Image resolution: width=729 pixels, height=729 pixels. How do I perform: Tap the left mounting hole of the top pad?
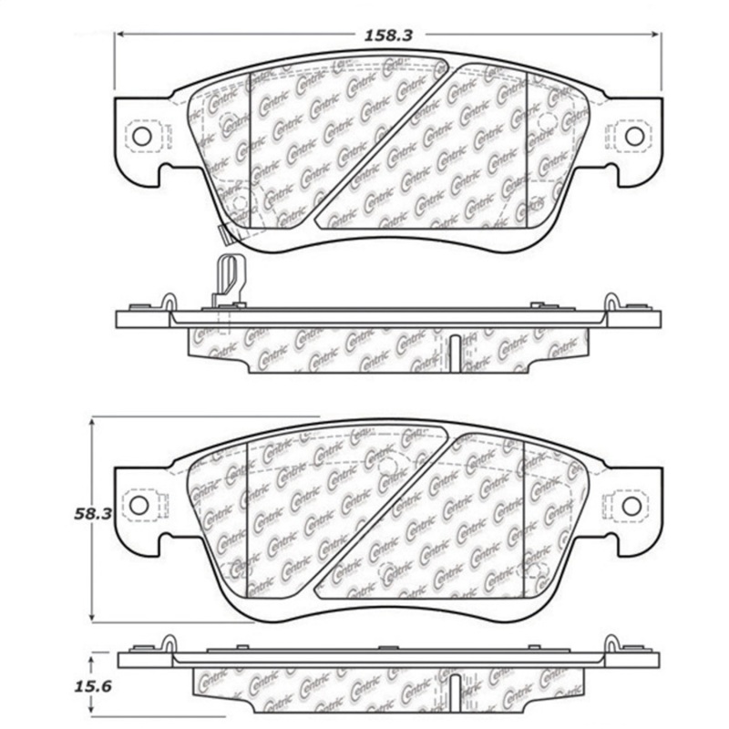(x=141, y=135)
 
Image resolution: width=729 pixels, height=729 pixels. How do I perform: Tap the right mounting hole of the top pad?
(x=633, y=135)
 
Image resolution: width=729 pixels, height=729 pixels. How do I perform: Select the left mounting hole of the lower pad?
(x=139, y=504)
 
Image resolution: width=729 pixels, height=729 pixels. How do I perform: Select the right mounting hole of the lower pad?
(x=631, y=504)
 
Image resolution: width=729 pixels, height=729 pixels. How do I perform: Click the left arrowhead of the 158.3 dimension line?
(x=119, y=35)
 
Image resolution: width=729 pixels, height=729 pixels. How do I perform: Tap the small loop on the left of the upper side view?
(x=169, y=302)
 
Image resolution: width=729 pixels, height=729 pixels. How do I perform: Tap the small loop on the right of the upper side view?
(x=608, y=302)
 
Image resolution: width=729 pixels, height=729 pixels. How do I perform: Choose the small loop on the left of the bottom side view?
(x=169, y=642)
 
